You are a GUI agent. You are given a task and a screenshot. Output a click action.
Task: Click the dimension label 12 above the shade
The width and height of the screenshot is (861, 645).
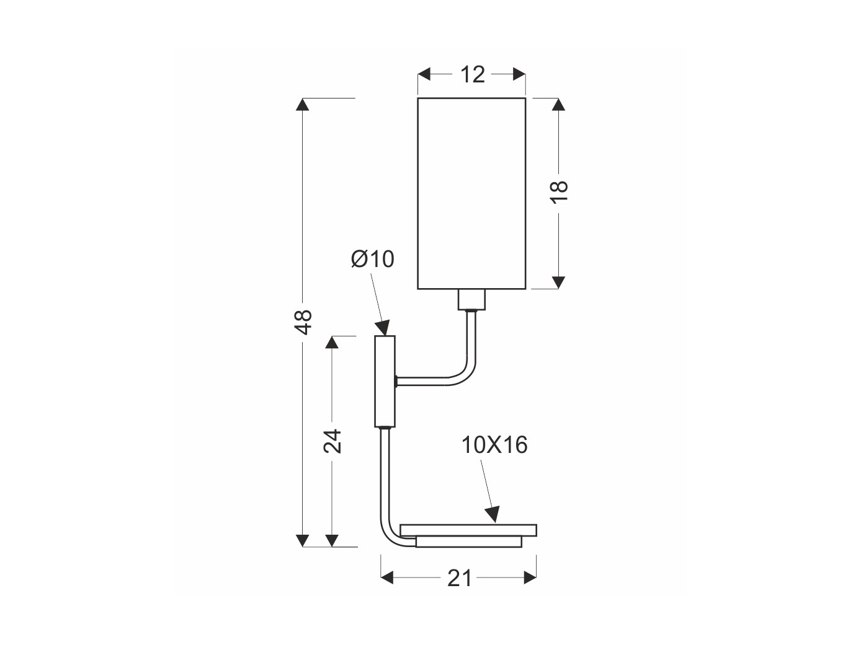coord(472,74)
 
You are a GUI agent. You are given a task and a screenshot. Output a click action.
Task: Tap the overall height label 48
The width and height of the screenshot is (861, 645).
coord(303,322)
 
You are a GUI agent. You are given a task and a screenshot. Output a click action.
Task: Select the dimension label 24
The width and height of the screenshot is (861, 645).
coord(332,442)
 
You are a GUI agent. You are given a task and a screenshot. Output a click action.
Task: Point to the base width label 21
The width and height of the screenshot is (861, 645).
coord(459,578)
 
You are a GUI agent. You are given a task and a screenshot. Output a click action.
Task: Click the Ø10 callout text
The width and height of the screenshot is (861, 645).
coord(373,259)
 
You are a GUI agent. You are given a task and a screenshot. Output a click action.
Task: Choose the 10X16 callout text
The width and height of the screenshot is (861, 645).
coord(494,445)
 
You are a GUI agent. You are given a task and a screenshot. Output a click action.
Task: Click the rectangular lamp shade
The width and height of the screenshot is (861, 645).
coord(471,193)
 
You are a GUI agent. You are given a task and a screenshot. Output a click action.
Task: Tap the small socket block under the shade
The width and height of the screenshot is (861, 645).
coord(471,300)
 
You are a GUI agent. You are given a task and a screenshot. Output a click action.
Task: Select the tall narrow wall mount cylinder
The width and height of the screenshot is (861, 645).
coord(385,381)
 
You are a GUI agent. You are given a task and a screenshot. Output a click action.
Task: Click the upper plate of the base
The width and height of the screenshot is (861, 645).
coord(468,530)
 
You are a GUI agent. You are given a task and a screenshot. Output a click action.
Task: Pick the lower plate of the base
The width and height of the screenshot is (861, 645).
coord(469,542)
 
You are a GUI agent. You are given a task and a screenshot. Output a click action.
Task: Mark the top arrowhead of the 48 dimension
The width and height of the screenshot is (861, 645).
coord(303,105)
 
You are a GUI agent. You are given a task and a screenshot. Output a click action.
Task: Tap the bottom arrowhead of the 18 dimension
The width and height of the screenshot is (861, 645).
coord(558,283)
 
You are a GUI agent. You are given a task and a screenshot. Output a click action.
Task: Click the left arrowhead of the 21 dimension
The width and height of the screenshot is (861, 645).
coord(387,577)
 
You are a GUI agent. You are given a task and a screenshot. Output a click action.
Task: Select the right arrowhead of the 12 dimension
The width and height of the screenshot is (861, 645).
coord(519,74)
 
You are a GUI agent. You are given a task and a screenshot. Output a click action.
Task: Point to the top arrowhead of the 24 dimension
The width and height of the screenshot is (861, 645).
coord(332,343)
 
